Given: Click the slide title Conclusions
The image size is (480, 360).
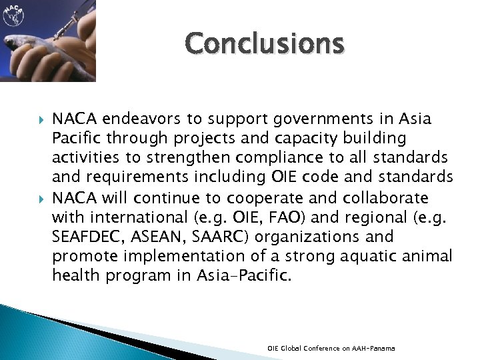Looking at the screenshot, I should point(265,43).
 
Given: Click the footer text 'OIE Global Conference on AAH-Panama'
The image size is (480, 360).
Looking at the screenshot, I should point(331,349).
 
